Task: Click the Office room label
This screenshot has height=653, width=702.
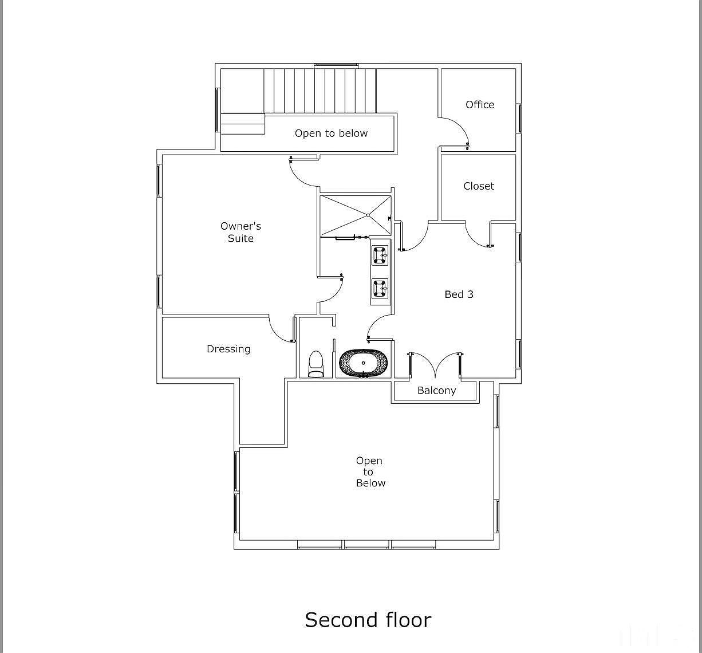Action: [479, 105]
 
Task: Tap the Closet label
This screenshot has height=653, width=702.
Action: [479, 186]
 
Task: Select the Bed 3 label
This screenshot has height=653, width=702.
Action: [459, 294]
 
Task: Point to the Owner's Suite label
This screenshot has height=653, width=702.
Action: [240, 233]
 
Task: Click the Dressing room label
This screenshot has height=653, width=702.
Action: [228, 349]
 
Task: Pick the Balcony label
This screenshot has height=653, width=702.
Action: [436, 391]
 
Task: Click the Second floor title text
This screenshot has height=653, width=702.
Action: [368, 620]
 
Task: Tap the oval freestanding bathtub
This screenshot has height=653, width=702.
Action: [363, 363]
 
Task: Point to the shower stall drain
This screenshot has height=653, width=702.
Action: [368, 215]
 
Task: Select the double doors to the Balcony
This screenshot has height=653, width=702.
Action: [436, 365]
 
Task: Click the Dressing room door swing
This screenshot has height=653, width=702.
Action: [281, 331]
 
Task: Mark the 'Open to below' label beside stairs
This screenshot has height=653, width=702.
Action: [331, 133]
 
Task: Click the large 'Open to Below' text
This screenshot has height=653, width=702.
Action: [369, 472]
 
